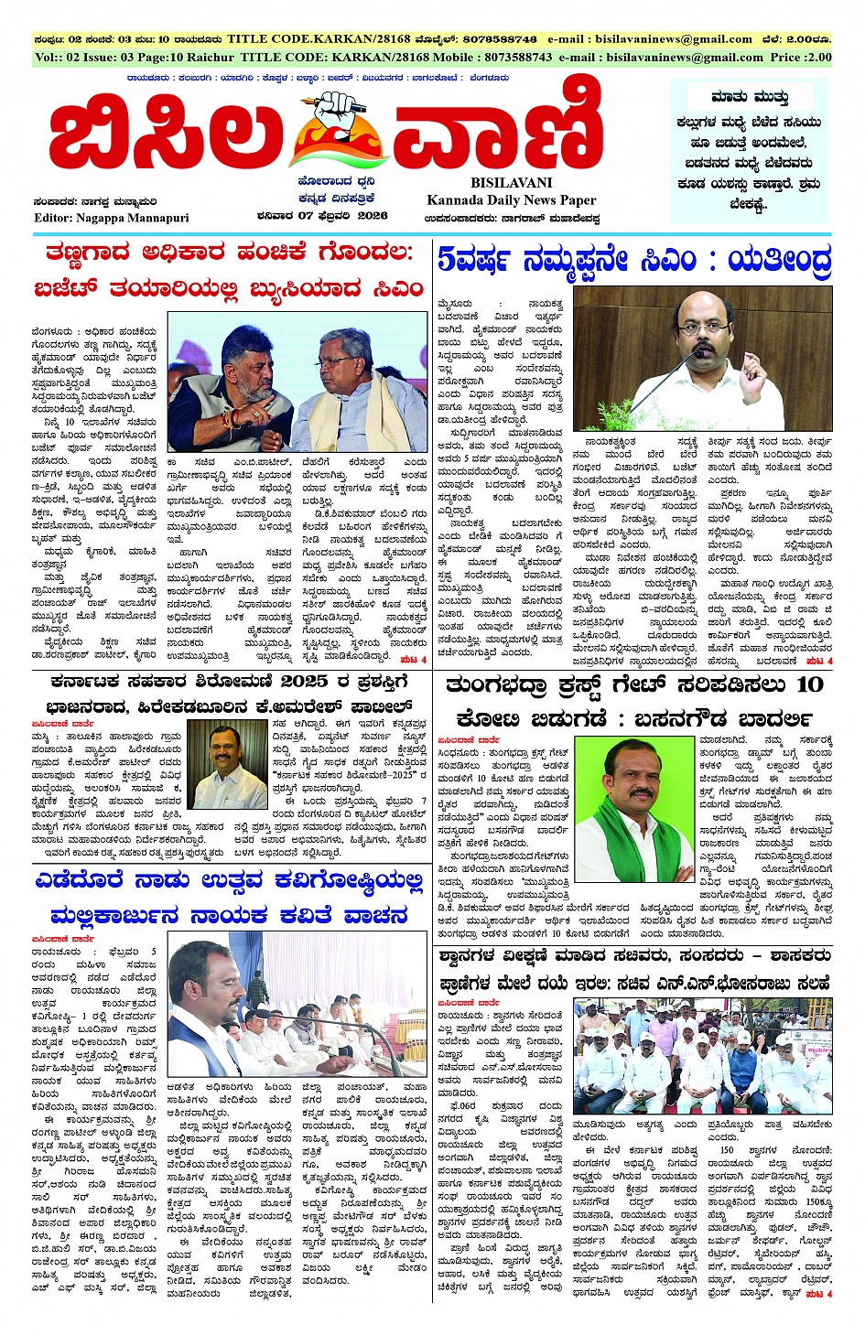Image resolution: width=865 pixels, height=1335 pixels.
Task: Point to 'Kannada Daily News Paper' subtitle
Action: tap(511, 200)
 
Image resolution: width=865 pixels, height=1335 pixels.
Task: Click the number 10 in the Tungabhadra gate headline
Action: tap(809, 684)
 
